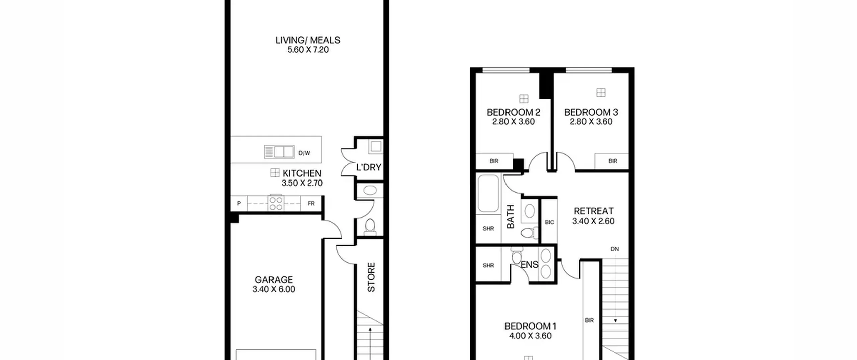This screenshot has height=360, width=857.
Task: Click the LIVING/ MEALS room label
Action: (308, 40)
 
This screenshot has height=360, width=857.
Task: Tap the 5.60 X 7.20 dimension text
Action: (308, 50)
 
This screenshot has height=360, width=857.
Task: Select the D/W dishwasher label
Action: (304, 153)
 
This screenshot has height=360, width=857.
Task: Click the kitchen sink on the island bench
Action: (279, 152)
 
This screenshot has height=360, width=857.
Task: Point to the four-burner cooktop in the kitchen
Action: (276, 203)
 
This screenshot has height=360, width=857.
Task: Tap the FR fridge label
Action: (311, 203)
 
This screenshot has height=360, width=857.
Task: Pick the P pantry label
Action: (239, 203)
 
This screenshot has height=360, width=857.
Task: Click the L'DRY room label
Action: (369, 167)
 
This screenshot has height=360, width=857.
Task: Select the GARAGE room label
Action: (274, 280)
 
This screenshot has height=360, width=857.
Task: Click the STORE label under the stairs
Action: (371, 277)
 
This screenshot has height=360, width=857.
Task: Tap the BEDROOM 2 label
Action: (514, 112)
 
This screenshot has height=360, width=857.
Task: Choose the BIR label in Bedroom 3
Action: (613, 161)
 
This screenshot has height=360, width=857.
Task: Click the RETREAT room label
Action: (594, 211)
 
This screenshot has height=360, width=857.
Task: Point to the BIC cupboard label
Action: (549, 222)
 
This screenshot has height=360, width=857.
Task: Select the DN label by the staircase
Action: (615, 249)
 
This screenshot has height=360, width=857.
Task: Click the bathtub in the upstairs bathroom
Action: (488, 193)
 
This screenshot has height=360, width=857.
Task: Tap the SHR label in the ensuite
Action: (488, 265)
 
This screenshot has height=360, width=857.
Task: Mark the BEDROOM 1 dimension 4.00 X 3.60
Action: (530, 336)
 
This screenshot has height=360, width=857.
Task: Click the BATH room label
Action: (510, 217)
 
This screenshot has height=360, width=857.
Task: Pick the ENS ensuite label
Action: (530, 265)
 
